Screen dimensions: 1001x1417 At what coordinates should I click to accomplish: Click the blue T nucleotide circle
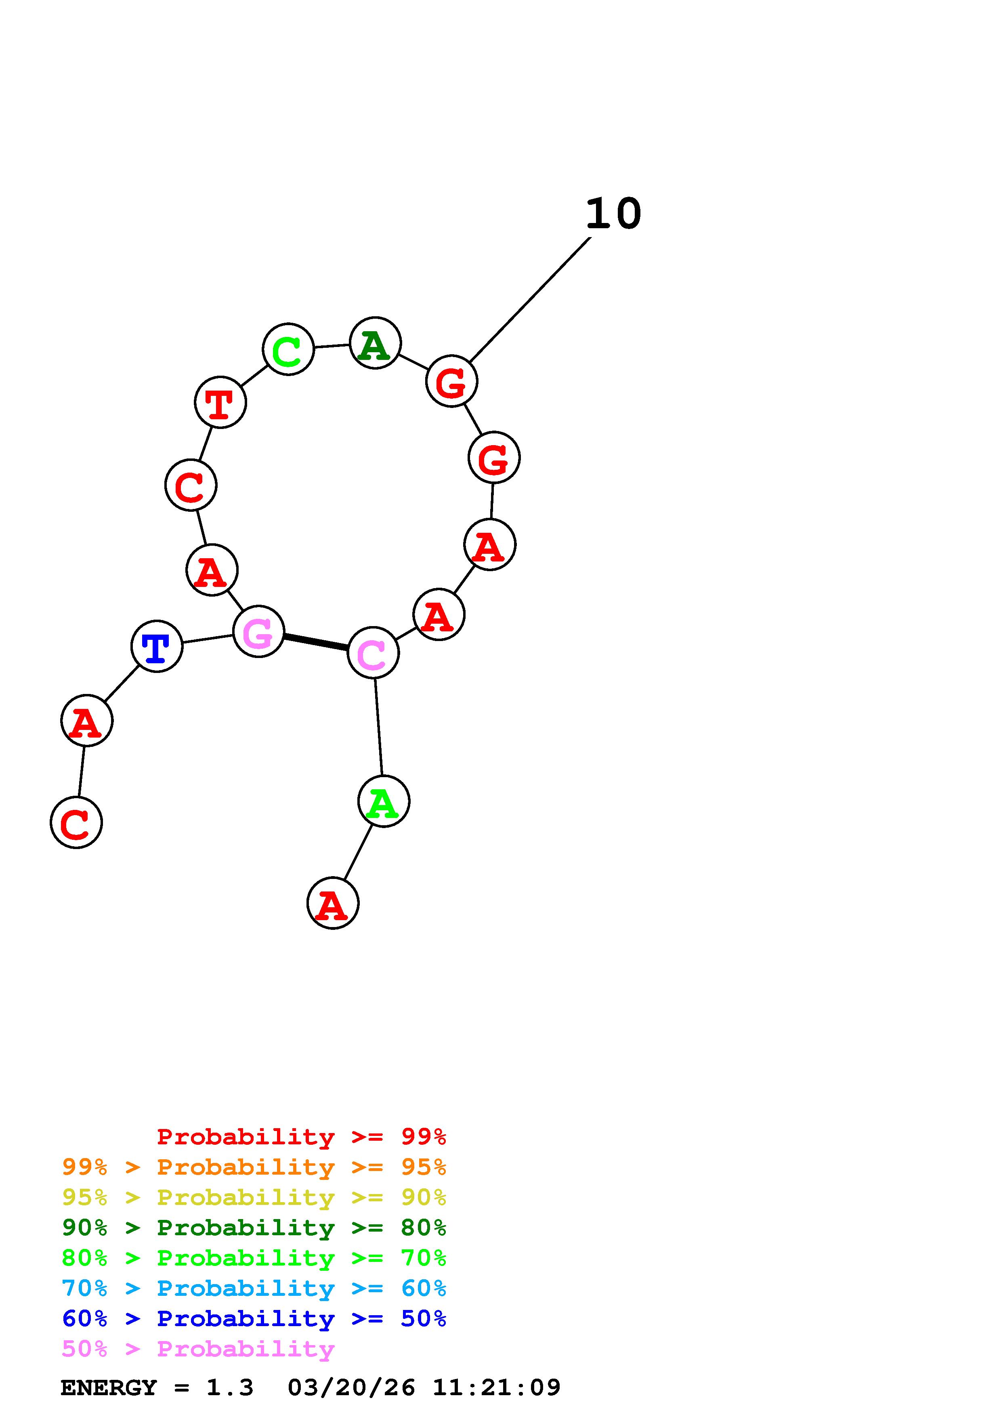[x=157, y=646]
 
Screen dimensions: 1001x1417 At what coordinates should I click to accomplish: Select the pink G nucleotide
[x=258, y=631]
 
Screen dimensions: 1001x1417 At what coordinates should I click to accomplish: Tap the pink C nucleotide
[x=373, y=652]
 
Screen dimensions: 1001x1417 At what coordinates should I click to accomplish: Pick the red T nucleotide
[x=220, y=402]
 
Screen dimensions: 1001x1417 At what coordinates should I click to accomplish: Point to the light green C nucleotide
[x=288, y=349]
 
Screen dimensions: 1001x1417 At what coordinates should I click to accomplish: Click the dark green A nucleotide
[x=375, y=343]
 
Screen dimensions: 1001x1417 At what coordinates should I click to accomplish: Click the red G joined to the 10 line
[x=451, y=381]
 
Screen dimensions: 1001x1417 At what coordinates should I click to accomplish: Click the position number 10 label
[x=613, y=214]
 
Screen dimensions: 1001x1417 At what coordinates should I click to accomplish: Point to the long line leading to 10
[x=529, y=300]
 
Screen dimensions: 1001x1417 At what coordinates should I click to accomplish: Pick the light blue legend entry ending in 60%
[x=254, y=1289]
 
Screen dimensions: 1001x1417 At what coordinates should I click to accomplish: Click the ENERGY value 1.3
[x=229, y=1388]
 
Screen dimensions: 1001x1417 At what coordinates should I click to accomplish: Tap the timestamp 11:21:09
[x=497, y=1388]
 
